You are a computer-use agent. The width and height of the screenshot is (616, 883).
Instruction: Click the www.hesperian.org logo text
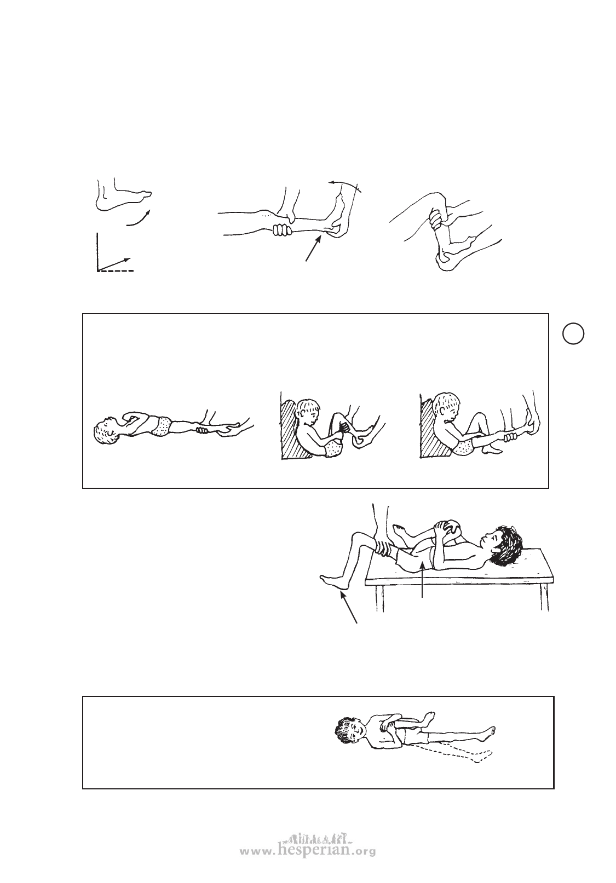[308, 849]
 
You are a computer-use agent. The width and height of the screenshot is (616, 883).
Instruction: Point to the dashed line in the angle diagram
[116, 270]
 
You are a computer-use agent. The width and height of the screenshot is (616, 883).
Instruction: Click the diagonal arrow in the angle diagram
[114, 264]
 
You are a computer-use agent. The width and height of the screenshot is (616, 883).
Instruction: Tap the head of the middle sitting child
[308, 412]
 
